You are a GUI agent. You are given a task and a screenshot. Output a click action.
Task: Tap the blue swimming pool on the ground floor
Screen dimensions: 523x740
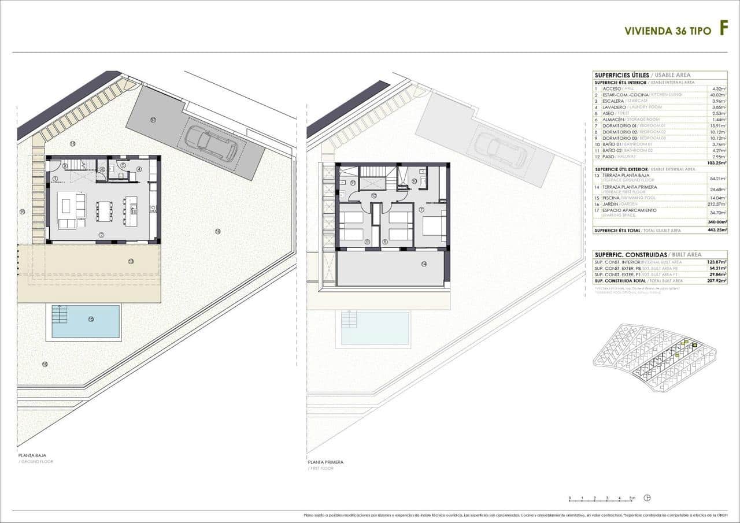tap(86, 321)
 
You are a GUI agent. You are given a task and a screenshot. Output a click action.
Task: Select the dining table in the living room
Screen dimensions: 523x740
tap(104, 212)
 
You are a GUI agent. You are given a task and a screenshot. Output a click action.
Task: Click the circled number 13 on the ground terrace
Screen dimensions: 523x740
tap(131, 261)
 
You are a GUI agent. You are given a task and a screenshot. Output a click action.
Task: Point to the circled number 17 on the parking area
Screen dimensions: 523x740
tap(153, 120)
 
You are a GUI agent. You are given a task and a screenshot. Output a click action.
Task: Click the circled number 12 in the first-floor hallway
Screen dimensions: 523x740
tap(374, 196)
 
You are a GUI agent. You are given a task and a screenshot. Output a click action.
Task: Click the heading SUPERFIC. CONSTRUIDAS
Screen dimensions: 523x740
tap(630, 254)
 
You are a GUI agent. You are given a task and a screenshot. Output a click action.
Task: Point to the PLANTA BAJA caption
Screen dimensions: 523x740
tap(32, 455)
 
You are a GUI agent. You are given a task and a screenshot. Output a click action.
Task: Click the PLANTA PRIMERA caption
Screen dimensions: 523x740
tap(325, 462)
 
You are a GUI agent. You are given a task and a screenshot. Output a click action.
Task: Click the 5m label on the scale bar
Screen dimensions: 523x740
tap(632, 498)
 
